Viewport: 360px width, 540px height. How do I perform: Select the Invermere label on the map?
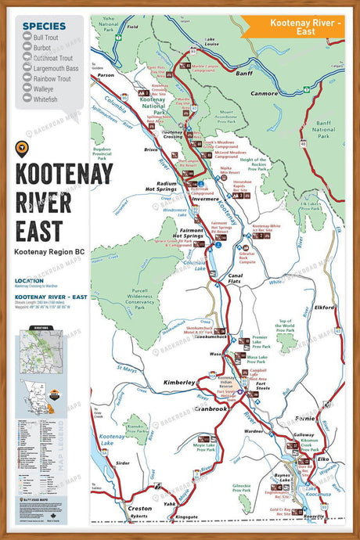(205, 199)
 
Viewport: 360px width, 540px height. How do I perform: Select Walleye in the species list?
(45, 90)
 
